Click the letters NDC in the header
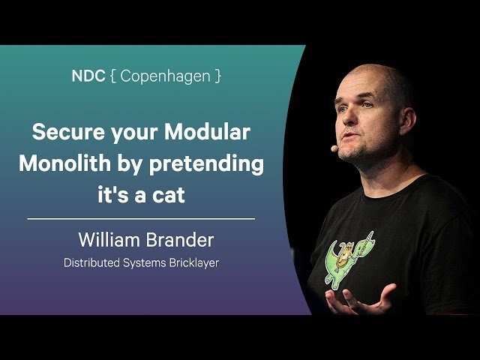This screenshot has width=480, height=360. coord(87,76)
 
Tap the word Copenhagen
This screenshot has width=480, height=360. coord(165,76)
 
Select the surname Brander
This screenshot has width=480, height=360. coord(181,241)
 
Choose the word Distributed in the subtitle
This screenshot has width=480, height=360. coord(91,263)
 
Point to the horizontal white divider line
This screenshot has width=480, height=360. coord(141,218)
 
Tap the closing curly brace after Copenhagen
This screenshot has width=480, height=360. coord(218,76)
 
